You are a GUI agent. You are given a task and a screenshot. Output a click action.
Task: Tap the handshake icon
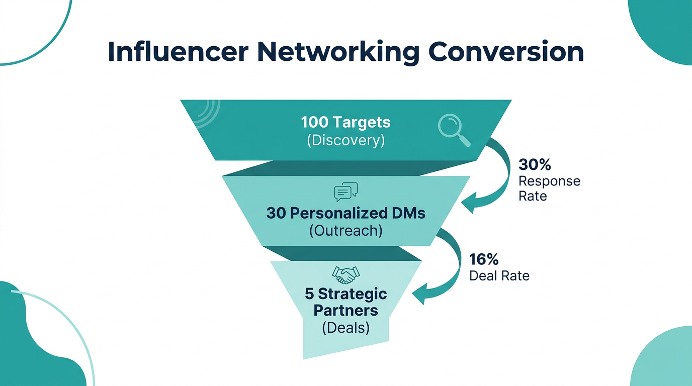point(346,274)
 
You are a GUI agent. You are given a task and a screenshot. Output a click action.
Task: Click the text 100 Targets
point(345,122)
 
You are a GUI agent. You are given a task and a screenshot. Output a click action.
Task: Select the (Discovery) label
point(345,140)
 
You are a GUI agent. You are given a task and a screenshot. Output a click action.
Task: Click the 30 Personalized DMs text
point(346,213)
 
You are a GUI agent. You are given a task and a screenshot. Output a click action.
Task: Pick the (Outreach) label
point(346,231)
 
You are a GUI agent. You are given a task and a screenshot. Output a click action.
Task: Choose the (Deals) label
point(346,328)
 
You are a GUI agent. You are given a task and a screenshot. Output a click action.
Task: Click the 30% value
point(535,165)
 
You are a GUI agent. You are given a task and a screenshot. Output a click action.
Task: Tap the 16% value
point(484,259)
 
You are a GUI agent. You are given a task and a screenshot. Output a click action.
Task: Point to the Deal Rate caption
point(499,275)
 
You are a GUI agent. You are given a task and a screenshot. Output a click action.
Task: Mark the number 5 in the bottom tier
point(309,294)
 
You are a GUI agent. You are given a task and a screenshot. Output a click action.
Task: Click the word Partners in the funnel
point(346,310)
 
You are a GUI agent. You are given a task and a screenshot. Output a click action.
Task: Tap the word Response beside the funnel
point(549,181)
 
